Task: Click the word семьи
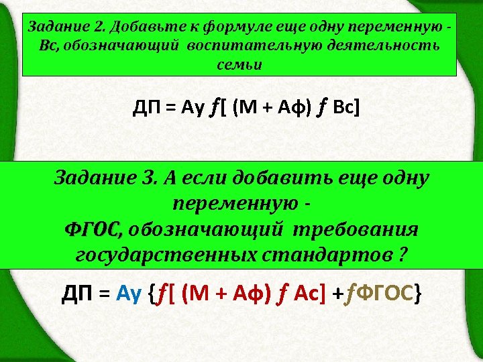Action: click(x=239, y=66)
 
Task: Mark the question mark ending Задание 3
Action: click(x=403, y=255)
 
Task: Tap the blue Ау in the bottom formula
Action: click(x=129, y=293)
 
